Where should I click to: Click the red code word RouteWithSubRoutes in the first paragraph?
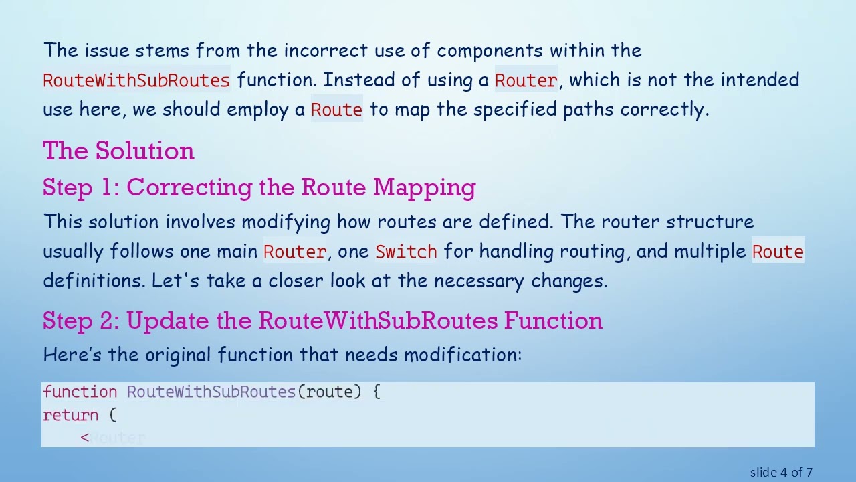pyautogui.click(x=136, y=80)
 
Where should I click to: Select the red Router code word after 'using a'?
pyautogui.click(x=526, y=80)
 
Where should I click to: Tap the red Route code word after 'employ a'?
pyautogui.click(x=336, y=110)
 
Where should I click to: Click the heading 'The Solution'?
pyautogui.click(x=118, y=151)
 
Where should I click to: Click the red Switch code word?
pyautogui.click(x=406, y=252)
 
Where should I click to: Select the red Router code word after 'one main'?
pyautogui.click(x=294, y=252)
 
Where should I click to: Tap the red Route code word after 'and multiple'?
pyautogui.click(x=778, y=252)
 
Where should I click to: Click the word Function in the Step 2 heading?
pyautogui.click(x=553, y=321)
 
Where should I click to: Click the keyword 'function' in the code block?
pyautogui.click(x=80, y=392)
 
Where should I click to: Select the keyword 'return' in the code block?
pyautogui.click(x=71, y=415)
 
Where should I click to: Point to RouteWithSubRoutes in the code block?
pyautogui.click(x=211, y=392)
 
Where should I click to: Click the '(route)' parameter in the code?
pyautogui.click(x=330, y=392)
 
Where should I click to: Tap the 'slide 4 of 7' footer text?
pyautogui.click(x=781, y=472)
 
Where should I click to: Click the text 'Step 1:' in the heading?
pyautogui.click(x=81, y=187)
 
